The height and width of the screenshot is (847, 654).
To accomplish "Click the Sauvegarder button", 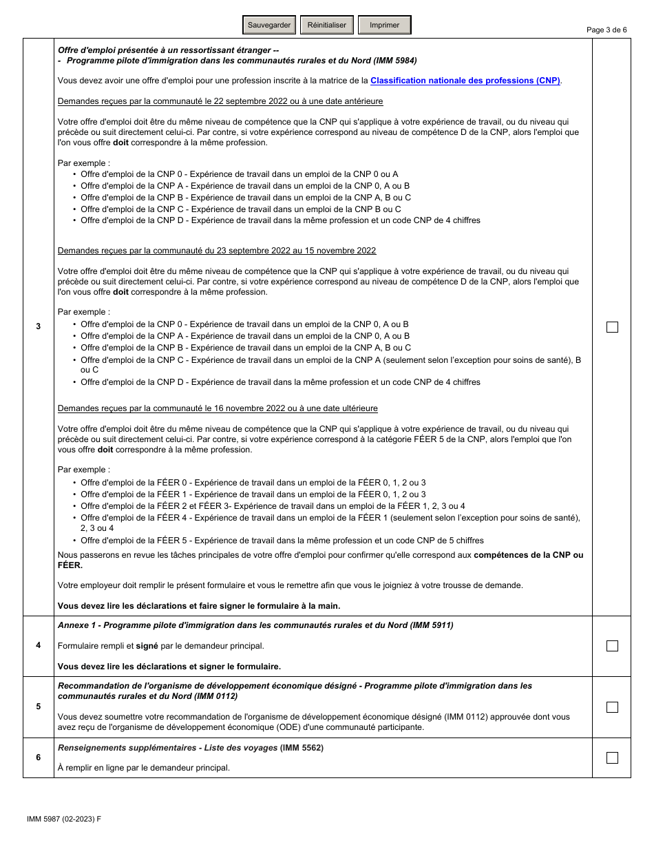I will [x=269, y=25].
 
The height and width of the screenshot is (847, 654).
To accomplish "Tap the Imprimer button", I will [x=384, y=25].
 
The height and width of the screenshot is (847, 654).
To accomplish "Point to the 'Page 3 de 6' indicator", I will [x=606, y=30].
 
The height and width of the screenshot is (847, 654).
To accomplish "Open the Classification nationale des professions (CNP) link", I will [x=465, y=81].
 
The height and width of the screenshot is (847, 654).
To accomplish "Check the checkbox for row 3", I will [x=612, y=327].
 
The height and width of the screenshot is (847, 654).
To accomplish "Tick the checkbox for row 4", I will [x=612, y=646].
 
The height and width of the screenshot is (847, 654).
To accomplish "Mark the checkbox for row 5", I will [x=612, y=707].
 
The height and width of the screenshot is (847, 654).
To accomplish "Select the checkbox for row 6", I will [x=612, y=757].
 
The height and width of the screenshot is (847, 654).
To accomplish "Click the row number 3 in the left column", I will [x=39, y=326].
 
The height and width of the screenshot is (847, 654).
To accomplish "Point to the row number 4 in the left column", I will [x=39, y=646].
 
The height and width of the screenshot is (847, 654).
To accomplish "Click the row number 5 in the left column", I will [x=39, y=707].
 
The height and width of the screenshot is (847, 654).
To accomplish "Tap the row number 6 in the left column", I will [x=39, y=757].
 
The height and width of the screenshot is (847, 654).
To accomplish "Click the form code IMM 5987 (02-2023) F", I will [x=63, y=819].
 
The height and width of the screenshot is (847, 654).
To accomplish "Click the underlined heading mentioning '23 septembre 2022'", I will [x=217, y=251].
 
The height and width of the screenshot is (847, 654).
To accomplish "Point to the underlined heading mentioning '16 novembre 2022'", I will [x=218, y=408].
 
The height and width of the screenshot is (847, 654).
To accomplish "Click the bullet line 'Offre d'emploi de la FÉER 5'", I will [x=282, y=541].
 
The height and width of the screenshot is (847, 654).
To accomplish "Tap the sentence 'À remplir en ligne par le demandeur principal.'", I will [x=144, y=768].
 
